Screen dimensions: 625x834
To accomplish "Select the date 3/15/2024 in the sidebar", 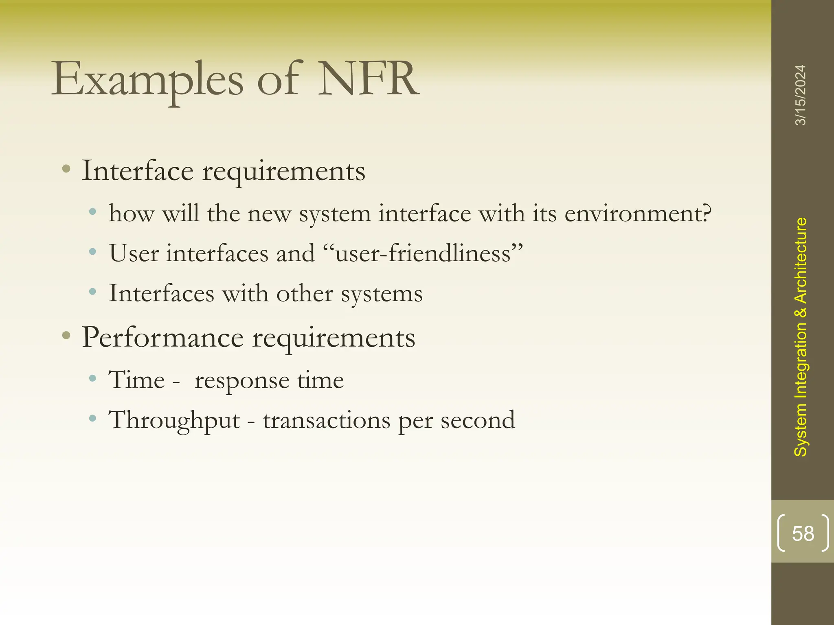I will [800, 95].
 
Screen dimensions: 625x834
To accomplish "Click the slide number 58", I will [803, 533].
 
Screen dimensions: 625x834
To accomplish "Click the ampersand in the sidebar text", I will [801, 312].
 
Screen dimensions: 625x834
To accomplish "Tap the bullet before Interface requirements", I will [66, 169].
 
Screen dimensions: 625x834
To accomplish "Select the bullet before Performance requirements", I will [66, 336].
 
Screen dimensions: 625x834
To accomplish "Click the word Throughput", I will [174, 420].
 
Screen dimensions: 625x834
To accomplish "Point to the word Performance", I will [163, 338].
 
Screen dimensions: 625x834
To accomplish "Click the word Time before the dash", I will [136, 380].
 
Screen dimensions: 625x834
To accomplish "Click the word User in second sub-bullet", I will [134, 253].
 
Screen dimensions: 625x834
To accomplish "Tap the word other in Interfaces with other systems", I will [305, 293].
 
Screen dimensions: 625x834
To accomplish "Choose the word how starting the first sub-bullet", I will [132, 213].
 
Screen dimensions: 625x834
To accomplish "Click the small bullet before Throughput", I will [93, 418].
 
